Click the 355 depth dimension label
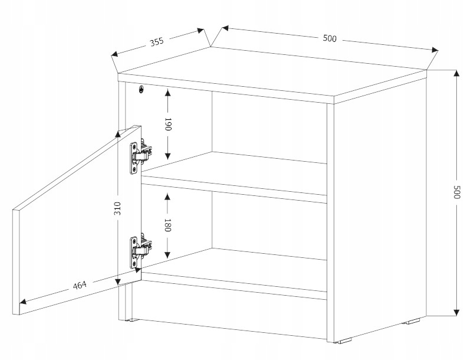point(156,42)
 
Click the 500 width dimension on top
point(330,39)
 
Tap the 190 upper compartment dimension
point(167,125)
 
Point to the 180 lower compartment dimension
point(167,225)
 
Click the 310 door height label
point(117,208)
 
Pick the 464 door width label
point(80,286)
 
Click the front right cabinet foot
point(343,341)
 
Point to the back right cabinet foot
point(412,322)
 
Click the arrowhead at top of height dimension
point(456,73)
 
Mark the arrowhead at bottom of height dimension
point(456,312)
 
